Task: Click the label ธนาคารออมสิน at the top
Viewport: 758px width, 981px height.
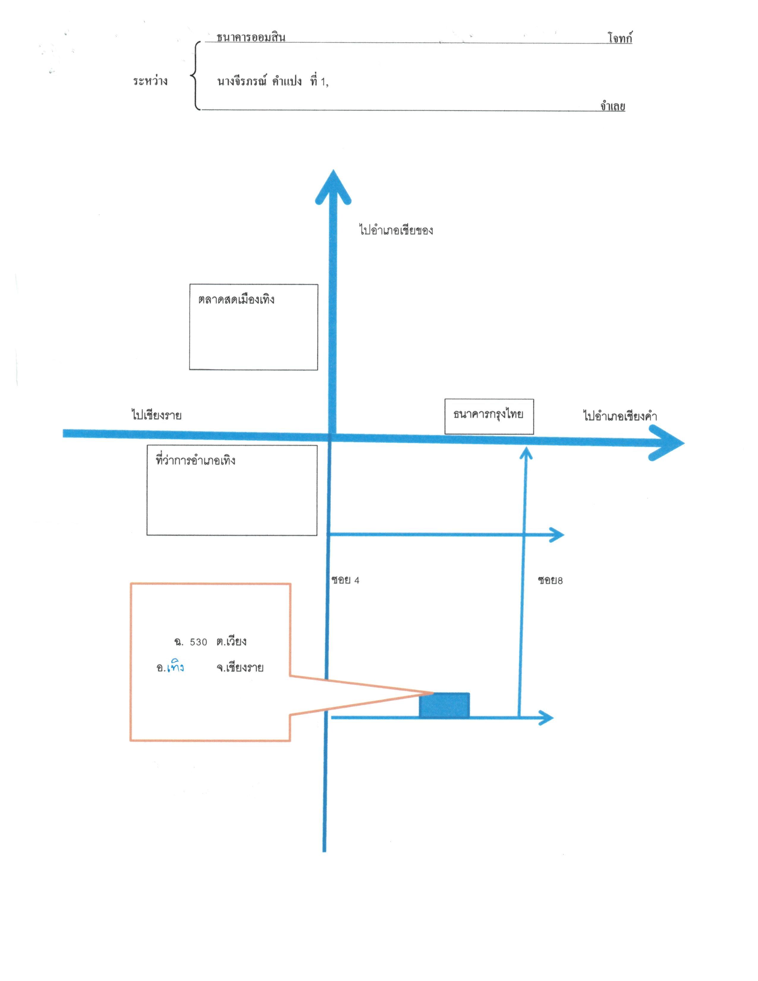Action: [251, 37]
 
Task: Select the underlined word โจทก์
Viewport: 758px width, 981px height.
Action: [620, 38]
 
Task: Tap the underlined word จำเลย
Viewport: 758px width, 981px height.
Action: [613, 106]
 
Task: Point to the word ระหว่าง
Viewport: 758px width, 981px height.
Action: [150, 81]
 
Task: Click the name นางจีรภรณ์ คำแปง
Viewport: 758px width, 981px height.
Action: [260, 81]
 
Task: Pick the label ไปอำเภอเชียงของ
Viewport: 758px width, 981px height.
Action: [396, 230]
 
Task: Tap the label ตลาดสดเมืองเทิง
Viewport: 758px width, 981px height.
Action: [236, 299]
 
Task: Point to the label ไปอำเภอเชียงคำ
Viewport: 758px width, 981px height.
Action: [620, 416]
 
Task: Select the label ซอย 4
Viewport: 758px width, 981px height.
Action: [345, 580]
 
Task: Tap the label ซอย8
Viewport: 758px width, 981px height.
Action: [550, 580]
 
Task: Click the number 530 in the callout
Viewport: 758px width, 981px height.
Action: [199, 642]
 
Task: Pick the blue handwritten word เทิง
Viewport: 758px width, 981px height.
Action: [175, 666]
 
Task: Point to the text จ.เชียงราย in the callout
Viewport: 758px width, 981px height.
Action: [239, 667]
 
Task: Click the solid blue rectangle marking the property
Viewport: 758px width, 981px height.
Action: [444, 705]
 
